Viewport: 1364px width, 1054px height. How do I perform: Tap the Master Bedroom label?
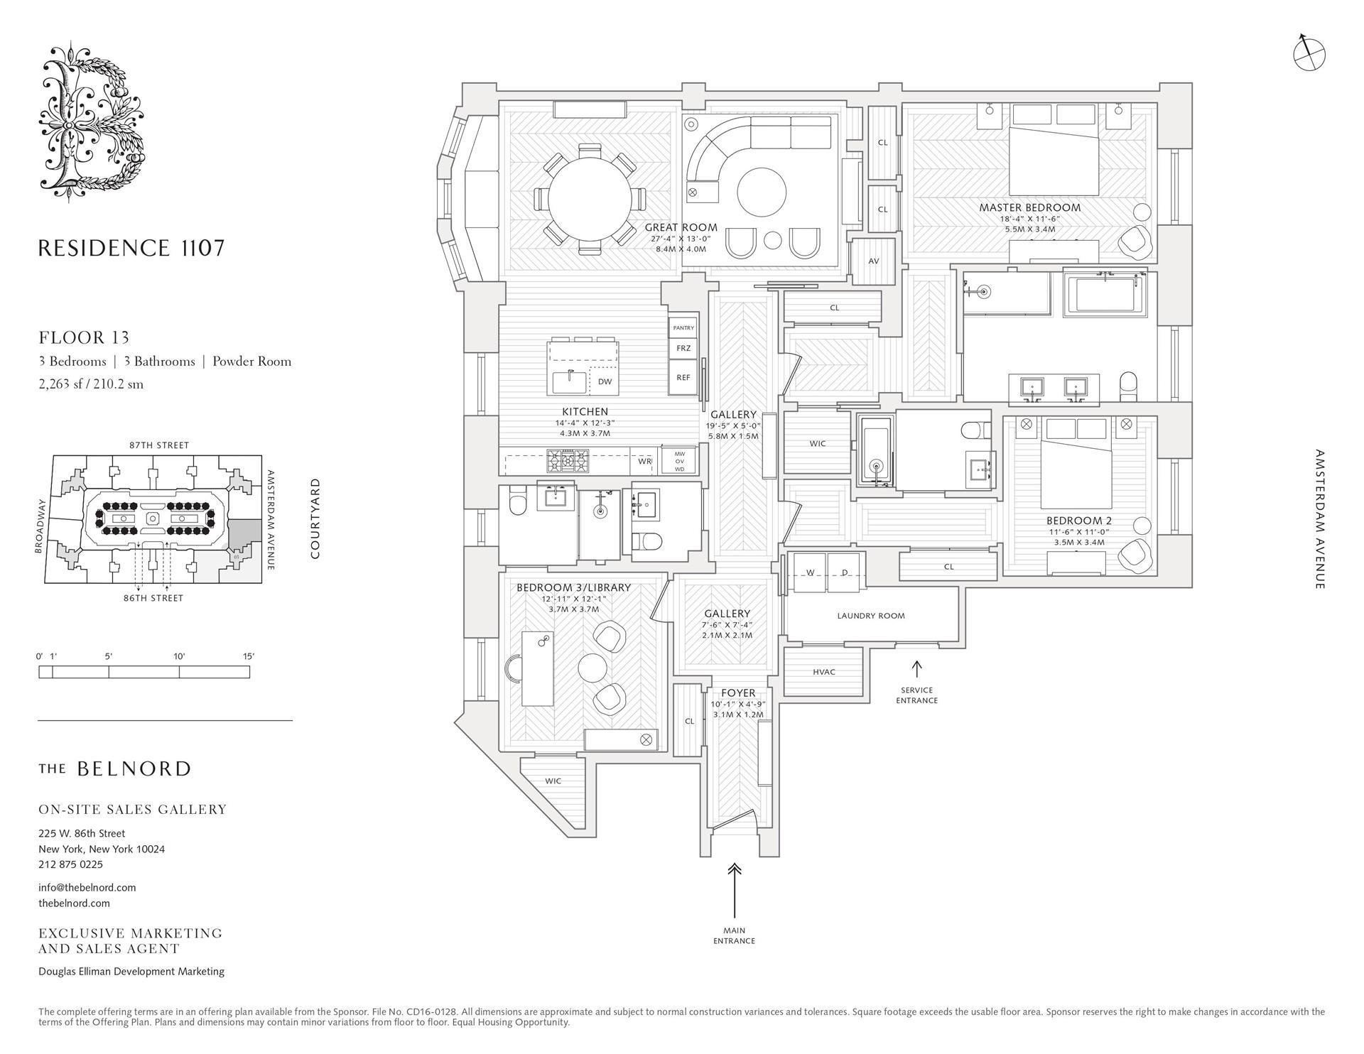click(x=1029, y=208)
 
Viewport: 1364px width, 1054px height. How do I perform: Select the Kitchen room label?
click(x=585, y=411)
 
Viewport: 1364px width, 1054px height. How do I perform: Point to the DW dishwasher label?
click(x=605, y=381)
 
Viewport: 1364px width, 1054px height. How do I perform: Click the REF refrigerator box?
click(x=683, y=378)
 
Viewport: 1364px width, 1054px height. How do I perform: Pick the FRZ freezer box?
click(x=683, y=348)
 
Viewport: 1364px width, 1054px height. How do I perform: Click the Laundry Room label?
click(x=871, y=616)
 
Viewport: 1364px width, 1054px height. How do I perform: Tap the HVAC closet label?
click(x=824, y=672)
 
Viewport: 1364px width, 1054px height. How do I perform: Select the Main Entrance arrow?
click(x=735, y=891)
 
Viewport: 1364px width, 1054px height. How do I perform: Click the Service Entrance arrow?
click(x=916, y=669)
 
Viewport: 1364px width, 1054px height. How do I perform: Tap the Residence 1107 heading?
click(x=131, y=248)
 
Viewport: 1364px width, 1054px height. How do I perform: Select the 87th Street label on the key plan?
click(x=159, y=445)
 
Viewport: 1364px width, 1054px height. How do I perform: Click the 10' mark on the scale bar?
click(x=179, y=656)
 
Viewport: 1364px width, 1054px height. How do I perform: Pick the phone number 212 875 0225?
click(x=70, y=864)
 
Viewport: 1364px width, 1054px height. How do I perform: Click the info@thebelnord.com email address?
click(x=87, y=887)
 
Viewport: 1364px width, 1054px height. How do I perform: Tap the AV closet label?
click(x=874, y=261)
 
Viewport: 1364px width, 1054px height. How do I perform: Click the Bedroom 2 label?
click(x=1079, y=521)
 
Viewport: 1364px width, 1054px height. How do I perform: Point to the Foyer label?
click(x=738, y=693)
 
